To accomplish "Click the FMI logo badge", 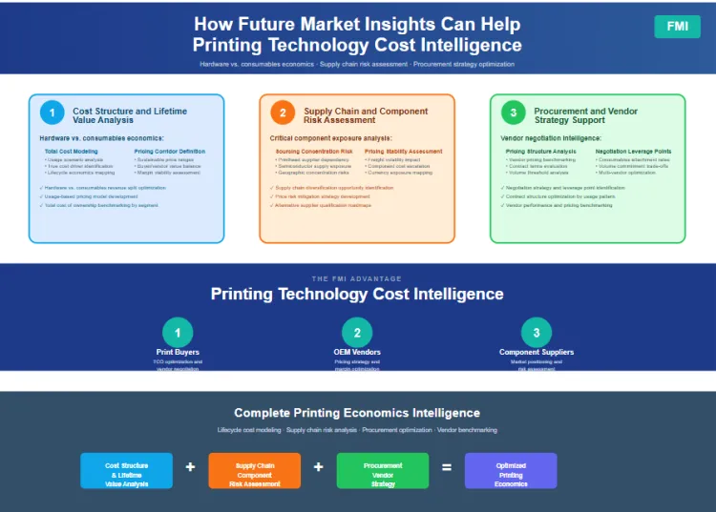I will [x=677, y=27].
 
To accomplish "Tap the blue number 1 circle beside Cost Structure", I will [x=51, y=113].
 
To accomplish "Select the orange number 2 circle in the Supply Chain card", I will [x=282, y=113].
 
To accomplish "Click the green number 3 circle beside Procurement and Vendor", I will [x=513, y=113].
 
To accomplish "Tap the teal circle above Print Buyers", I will [x=178, y=332].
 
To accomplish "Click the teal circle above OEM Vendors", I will [x=357, y=332].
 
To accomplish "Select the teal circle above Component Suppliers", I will [x=537, y=332].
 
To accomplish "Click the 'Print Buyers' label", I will [x=178, y=353].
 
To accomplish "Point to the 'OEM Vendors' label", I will [x=357, y=353].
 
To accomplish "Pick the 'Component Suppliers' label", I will [x=537, y=353].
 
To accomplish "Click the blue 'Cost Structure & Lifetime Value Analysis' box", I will [x=127, y=470].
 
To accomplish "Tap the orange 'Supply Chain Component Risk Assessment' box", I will [x=254, y=470].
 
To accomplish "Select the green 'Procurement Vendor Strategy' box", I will [x=383, y=470].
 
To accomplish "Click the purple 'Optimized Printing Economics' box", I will [x=511, y=470].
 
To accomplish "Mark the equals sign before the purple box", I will [x=446, y=467].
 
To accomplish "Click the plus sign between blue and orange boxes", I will [x=190, y=467].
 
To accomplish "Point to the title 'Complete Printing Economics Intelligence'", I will [x=357, y=413].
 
